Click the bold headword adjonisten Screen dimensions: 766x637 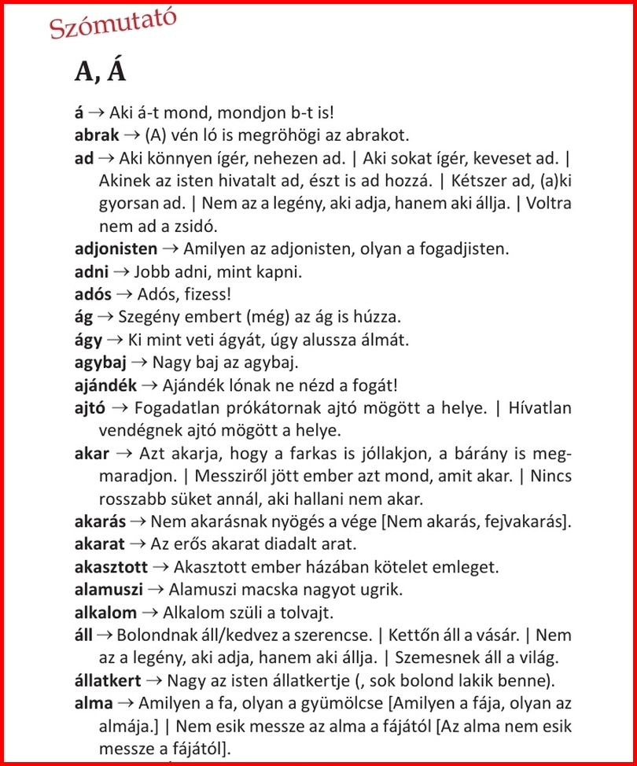116,249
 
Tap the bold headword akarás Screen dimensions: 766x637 101,521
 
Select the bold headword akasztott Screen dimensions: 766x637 110,566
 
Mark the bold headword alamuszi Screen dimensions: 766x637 106,589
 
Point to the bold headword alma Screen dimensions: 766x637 93,703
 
